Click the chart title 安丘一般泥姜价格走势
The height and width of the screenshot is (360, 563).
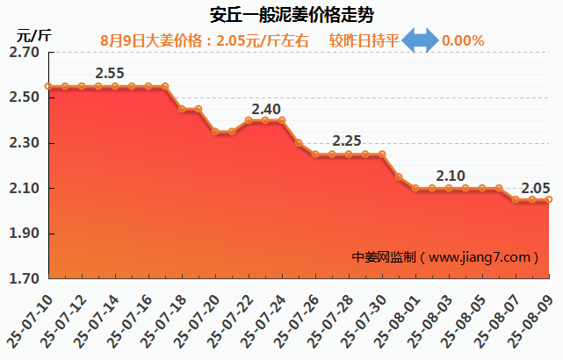(x=281, y=15)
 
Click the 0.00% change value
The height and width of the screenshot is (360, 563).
(x=463, y=40)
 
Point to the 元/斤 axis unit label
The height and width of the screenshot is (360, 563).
(x=34, y=36)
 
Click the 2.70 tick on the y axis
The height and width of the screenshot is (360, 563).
(x=24, y=53)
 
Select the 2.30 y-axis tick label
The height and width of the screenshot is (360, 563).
(x=24, y=143)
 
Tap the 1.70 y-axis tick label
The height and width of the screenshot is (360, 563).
(x=24, y=279)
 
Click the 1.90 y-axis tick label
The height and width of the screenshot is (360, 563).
(x=24, y=234)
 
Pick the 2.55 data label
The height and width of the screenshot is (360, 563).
(x=109, y=73)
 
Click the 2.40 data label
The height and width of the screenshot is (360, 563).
(x=266, y=110)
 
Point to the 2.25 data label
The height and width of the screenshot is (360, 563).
(x=348, y=140)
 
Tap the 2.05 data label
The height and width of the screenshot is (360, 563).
(x=536, y=188)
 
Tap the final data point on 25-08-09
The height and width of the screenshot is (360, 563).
(x=550, y=199)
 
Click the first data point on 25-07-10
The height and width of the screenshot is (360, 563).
(x=48, y=86)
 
